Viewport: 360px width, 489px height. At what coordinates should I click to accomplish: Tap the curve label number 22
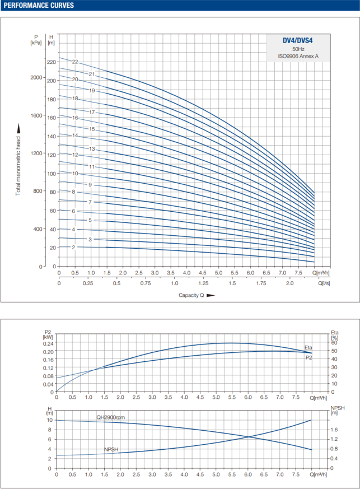(x=75, y=62)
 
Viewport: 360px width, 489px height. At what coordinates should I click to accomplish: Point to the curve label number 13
(x=93, y=149)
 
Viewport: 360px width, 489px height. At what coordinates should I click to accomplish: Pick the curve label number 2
(x=73, y=247)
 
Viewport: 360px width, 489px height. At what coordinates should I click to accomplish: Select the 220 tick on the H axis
(x=52, y=62)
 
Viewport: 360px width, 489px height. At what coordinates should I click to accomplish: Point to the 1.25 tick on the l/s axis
(x=203, y=284)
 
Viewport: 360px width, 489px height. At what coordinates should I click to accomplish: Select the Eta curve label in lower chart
(x=308, y=348)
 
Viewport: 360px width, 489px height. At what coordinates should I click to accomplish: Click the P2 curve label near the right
(x=308, y=357)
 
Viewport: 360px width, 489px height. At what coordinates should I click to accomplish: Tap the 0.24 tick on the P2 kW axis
(x=49, y=344)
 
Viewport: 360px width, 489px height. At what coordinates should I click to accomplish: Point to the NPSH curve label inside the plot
(x=111, y=449)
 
